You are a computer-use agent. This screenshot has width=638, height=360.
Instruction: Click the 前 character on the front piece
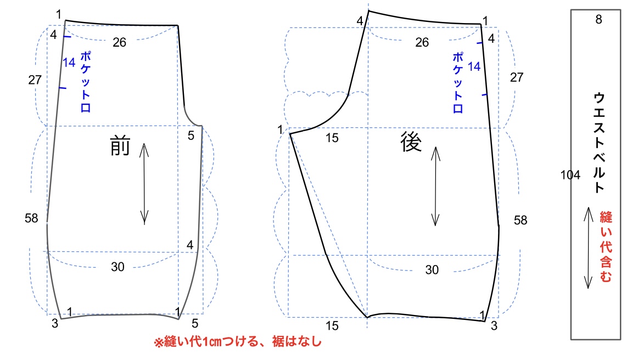coord(120,147)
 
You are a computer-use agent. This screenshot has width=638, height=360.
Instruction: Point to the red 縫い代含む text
coord(605,247)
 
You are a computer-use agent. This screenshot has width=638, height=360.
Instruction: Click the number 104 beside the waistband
coord(570,175)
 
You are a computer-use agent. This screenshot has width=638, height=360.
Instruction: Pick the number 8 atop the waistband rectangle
coord(598,20)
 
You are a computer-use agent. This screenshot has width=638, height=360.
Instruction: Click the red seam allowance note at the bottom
coord(237,342)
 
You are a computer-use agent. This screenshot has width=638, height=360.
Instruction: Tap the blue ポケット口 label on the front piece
coord(85,82)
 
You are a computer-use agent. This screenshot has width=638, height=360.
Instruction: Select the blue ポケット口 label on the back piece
coord(457,82)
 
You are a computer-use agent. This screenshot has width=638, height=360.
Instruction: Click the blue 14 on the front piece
coord(69,63)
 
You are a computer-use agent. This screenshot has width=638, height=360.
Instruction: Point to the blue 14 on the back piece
coord(474,66)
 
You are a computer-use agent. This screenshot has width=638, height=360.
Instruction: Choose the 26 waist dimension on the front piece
coord(120,42)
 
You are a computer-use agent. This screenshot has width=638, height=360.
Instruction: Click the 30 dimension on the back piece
coord(432,269)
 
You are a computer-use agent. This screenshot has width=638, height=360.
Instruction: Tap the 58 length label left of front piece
coord(31,218)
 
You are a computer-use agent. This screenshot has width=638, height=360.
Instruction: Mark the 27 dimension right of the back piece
coord(517,77)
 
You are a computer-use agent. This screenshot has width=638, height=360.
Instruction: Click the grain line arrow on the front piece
coord(144,184)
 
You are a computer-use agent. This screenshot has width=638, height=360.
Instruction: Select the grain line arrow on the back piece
coord(435,186)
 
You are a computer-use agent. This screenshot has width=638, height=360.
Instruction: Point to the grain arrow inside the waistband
coord(587,248)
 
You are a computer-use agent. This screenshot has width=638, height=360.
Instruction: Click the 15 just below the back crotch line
coord(332,138)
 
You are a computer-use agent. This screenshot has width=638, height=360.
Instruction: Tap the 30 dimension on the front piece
coord(117,267)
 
